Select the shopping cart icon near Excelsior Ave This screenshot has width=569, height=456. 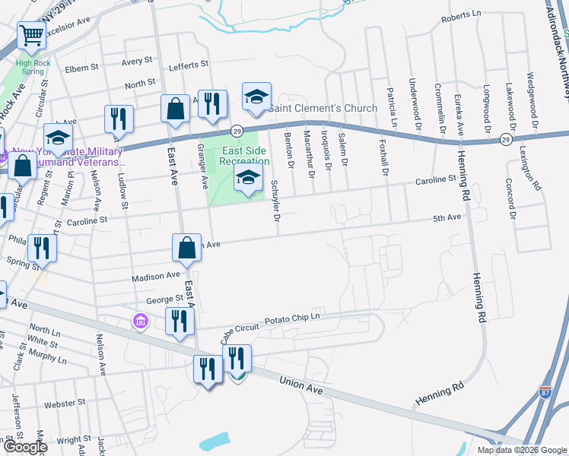pos(31,35)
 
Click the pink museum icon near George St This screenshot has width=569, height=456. pos(140,321)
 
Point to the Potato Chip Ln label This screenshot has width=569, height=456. pos(292,320)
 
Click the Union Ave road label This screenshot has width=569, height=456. pos(301,385)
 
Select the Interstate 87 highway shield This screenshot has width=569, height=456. pos(545,392)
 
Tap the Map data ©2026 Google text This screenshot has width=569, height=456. pos(521,450)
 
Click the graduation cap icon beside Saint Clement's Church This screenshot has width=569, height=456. pos(256,97)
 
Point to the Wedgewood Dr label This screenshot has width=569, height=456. pos(535,99)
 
